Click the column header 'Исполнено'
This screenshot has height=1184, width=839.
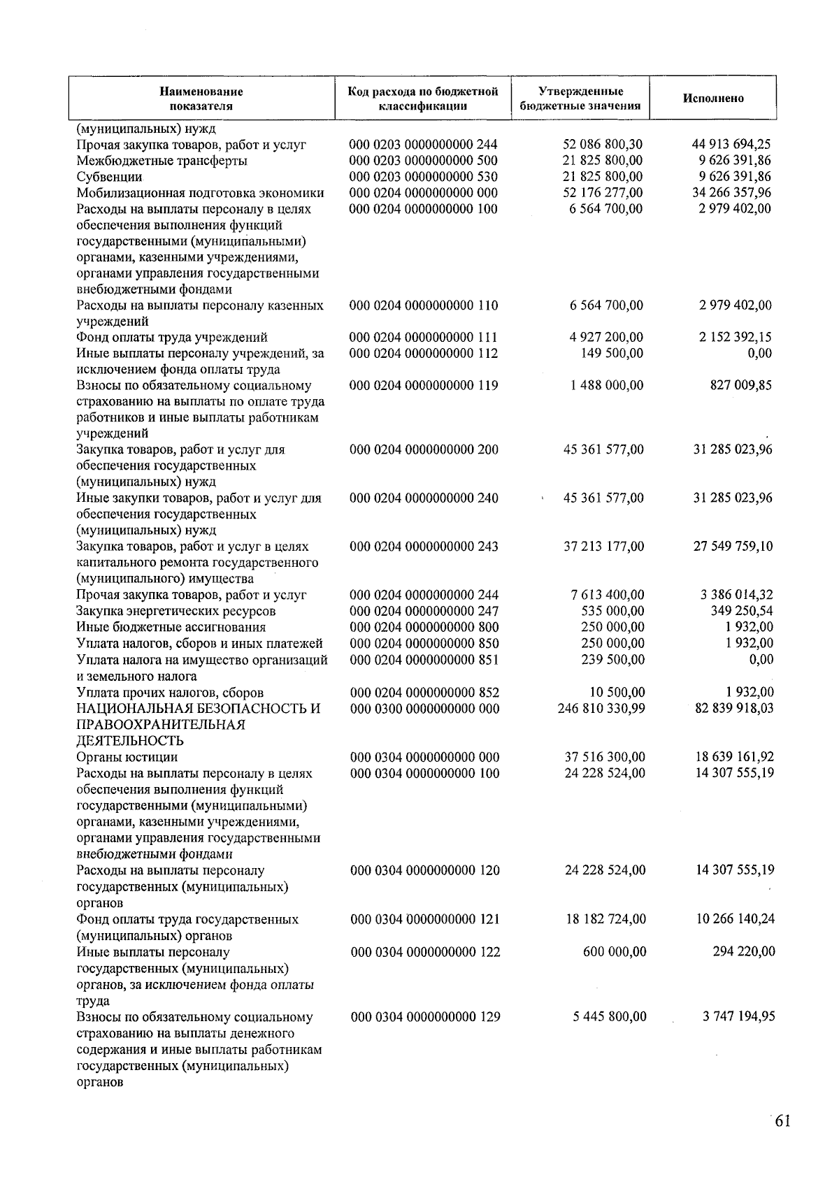point(712,99)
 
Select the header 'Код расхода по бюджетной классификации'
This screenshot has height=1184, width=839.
point(423,99)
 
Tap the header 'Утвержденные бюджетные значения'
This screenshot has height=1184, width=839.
point(580,99)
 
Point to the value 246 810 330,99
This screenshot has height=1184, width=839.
point(601,709)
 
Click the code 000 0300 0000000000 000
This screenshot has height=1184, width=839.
point(424,709)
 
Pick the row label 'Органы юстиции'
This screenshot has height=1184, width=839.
point(127,757)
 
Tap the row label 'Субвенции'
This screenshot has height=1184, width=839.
point(109,177)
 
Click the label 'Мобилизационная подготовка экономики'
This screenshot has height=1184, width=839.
point(200,193)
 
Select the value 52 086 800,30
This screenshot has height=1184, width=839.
point(602,145)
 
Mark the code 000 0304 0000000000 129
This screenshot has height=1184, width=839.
point(425,1017)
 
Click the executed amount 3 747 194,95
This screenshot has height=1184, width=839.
point(738,1017)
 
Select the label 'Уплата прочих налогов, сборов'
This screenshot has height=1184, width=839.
point(170,693)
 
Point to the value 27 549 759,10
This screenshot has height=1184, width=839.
point(733,547)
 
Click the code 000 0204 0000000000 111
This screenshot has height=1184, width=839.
point(424,338)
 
